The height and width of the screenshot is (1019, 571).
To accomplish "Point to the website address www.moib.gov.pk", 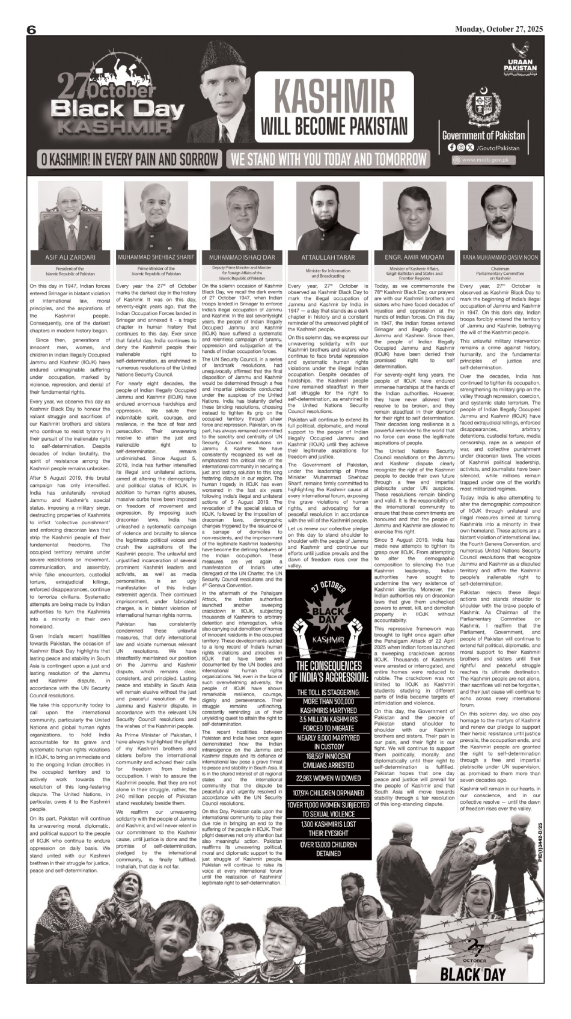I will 488,160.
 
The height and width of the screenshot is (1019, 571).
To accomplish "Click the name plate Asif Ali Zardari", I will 70,257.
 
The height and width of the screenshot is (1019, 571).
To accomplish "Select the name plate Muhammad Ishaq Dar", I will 242,257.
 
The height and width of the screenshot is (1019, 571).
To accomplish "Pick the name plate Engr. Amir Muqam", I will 414,257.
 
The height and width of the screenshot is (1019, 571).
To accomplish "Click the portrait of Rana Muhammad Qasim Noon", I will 500,216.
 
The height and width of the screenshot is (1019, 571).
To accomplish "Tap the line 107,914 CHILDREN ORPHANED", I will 332,792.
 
